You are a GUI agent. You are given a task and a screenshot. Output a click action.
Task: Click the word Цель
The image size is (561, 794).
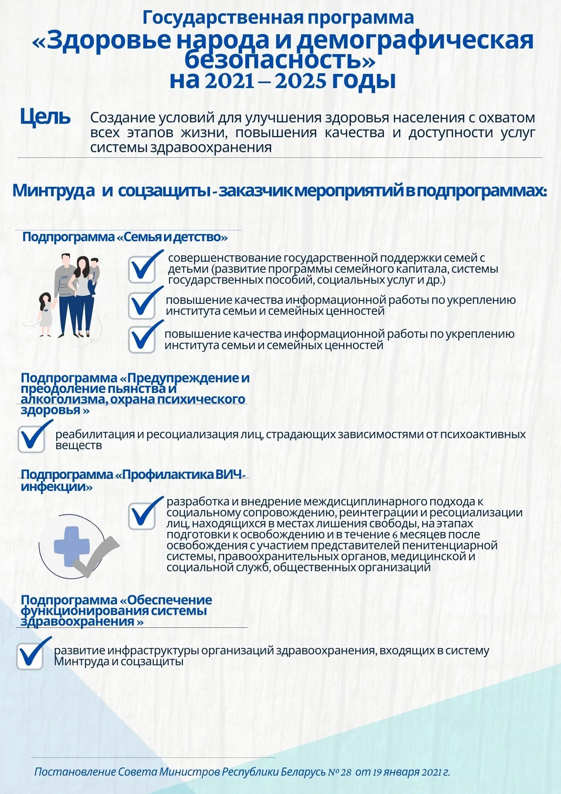[45, 117]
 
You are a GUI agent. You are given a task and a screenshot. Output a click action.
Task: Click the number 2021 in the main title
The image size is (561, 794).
[230, 81]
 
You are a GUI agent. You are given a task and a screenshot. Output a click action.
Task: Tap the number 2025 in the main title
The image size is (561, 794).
[300, 81]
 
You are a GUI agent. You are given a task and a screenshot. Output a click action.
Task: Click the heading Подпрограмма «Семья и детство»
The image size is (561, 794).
[125, 237]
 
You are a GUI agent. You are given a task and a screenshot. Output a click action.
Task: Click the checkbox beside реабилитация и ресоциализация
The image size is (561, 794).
[31, 439]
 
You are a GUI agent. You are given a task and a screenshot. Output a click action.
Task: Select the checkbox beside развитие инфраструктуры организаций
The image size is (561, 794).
[30, 656]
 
